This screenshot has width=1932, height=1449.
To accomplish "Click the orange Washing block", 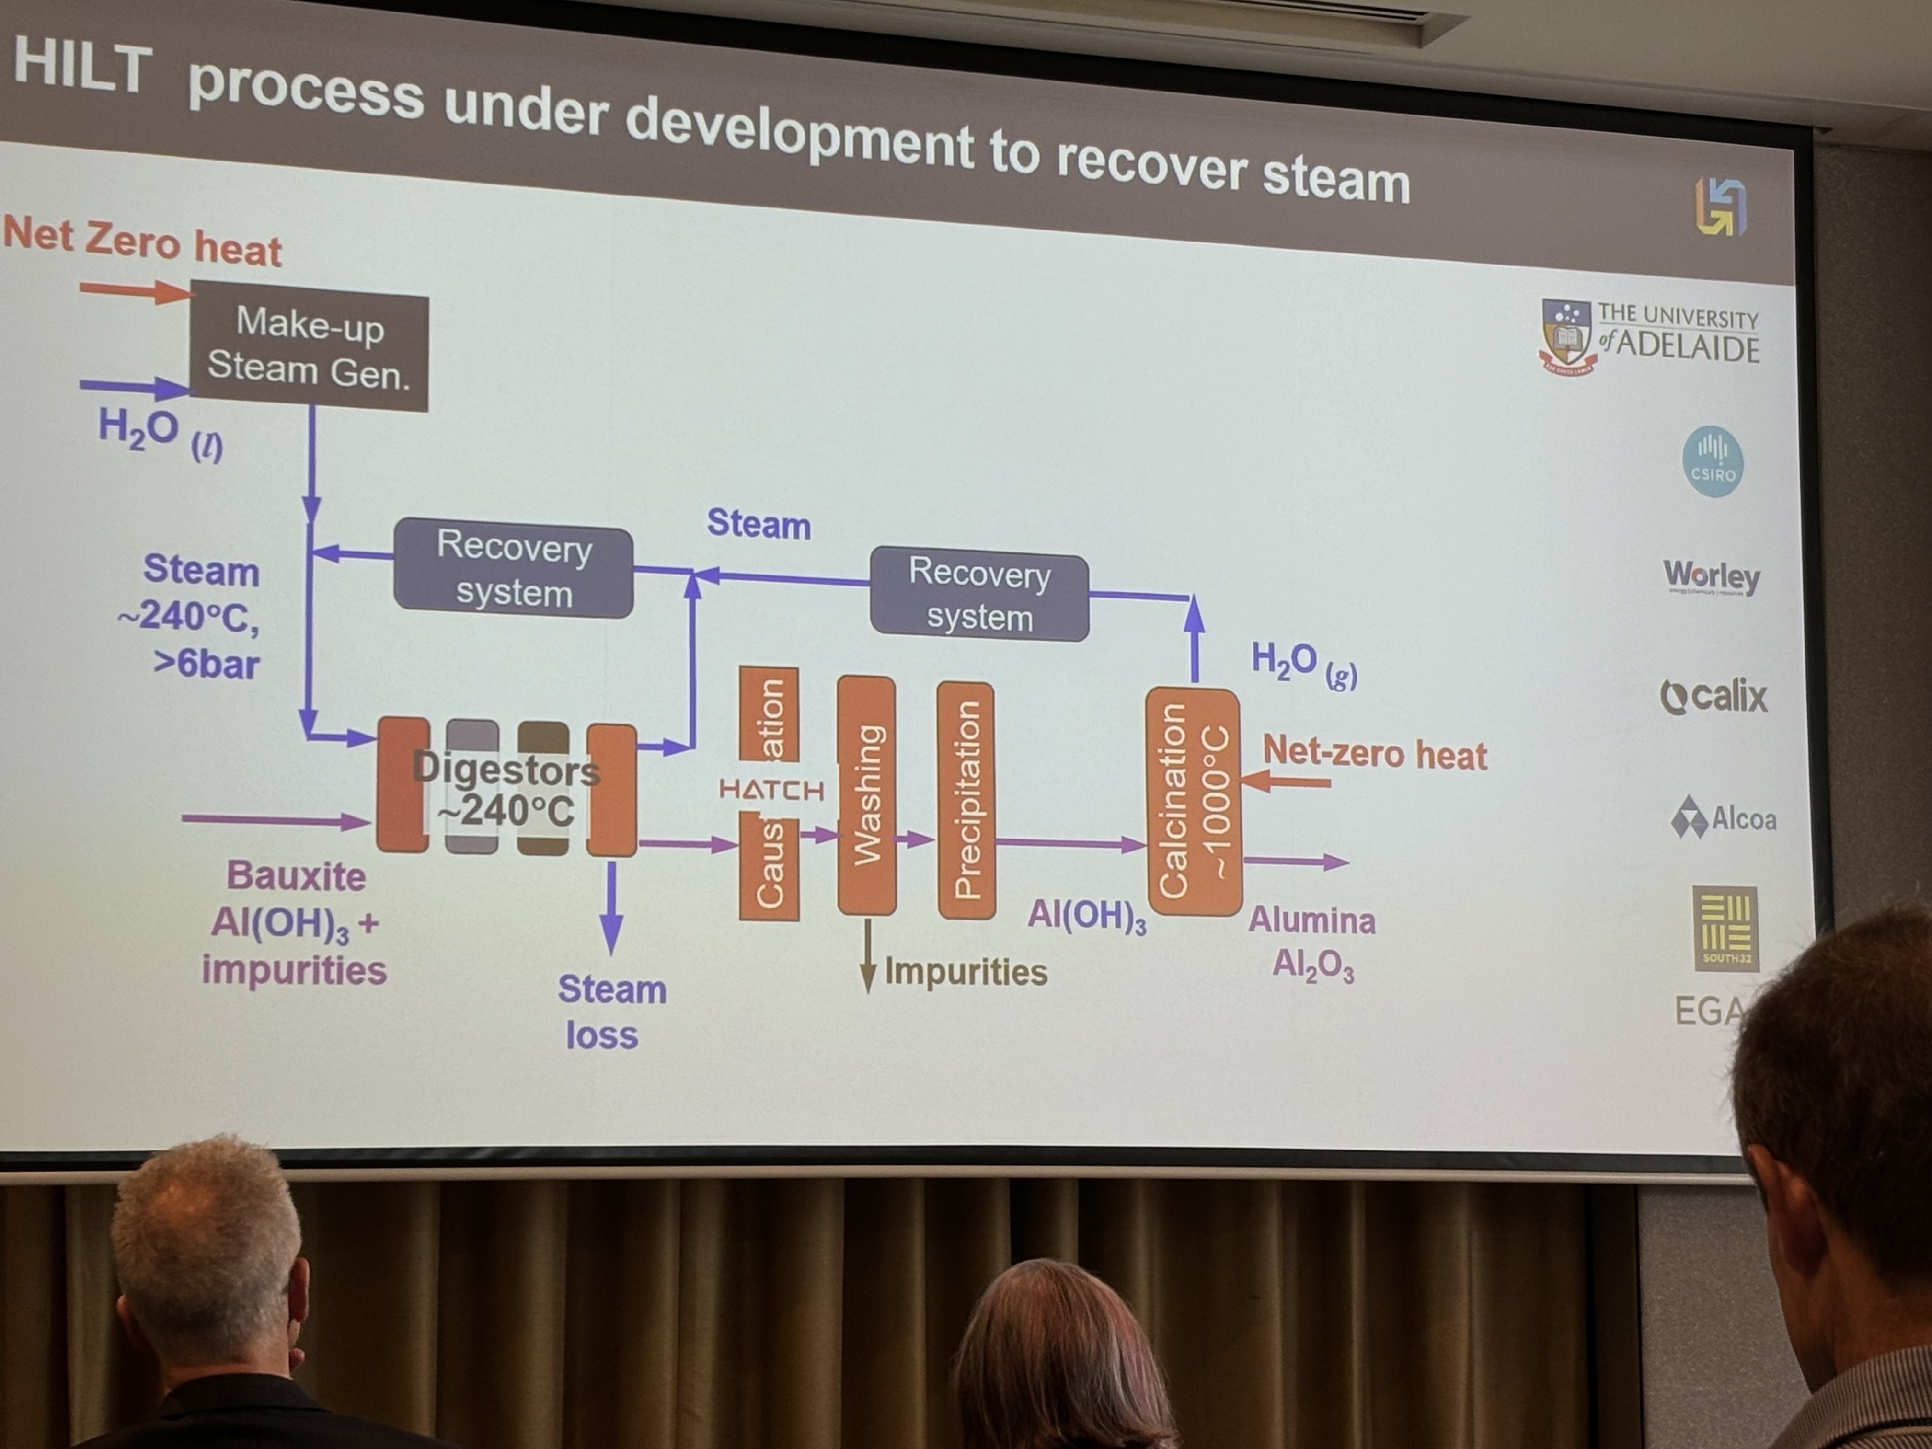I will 866,795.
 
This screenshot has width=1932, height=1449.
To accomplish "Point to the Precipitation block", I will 965,799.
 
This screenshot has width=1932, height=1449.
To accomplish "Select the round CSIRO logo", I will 1712,461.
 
